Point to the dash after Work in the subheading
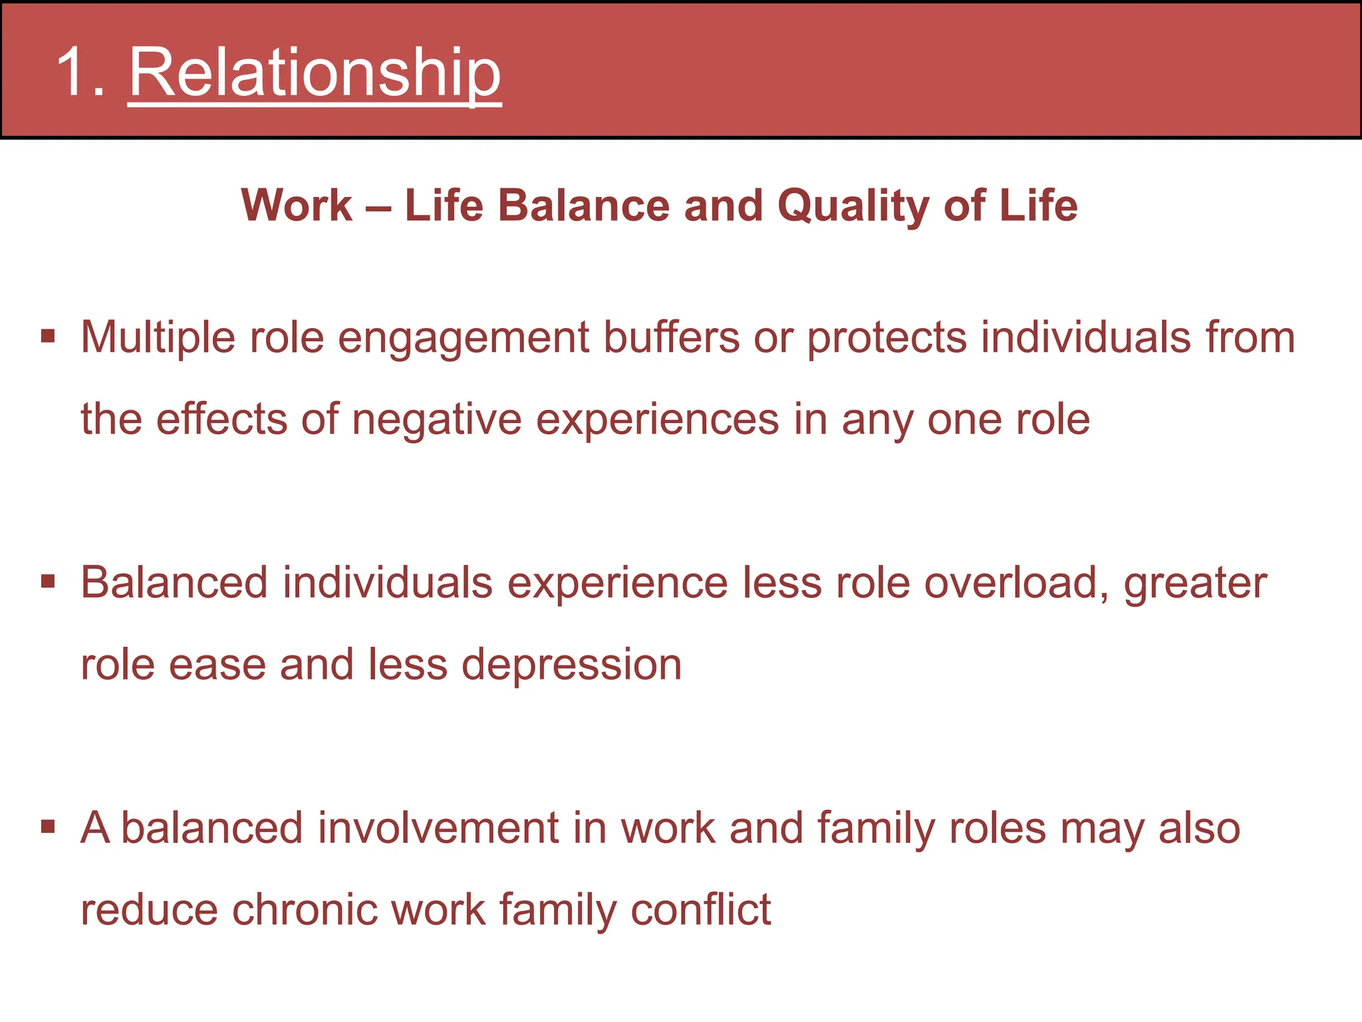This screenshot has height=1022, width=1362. [x=378, y=206]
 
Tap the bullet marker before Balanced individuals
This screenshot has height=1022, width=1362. [x=48, y=582]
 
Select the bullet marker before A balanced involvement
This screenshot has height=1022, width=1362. [x=48, y=827]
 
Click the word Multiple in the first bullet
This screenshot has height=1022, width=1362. [x=158, y=337]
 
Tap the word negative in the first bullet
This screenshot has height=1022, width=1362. [x=436, y=420]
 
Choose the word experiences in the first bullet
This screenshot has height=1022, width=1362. [x=657, y=420]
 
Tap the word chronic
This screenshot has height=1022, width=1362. [x=304, y=909]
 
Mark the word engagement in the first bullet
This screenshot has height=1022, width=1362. [x=464, y=338]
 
